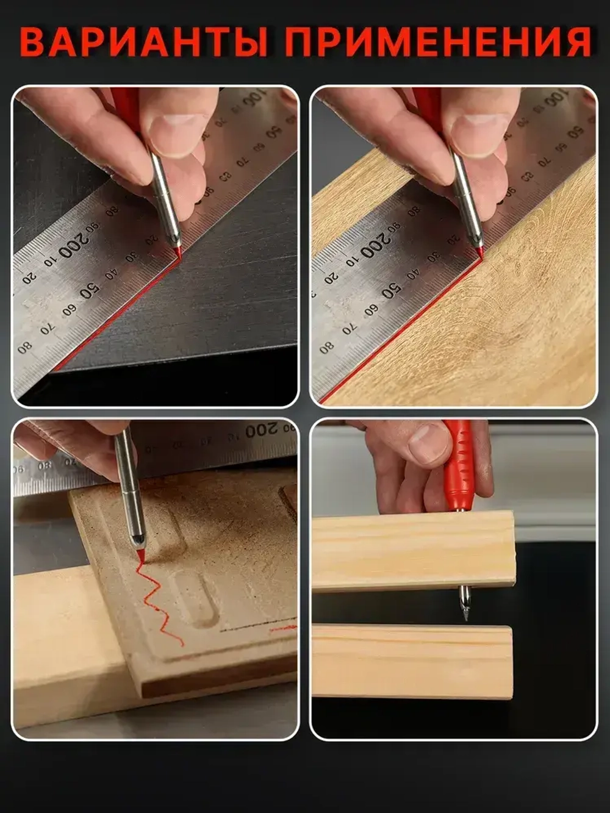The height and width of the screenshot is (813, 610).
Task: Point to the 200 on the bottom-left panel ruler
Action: [262, 429]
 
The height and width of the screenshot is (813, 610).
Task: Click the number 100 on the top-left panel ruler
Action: [254, 98]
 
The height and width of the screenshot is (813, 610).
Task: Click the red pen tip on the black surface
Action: [177, 251]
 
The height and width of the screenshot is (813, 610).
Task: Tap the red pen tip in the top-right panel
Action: [479, 251]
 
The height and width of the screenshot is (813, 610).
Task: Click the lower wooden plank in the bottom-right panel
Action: [412, 661]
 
